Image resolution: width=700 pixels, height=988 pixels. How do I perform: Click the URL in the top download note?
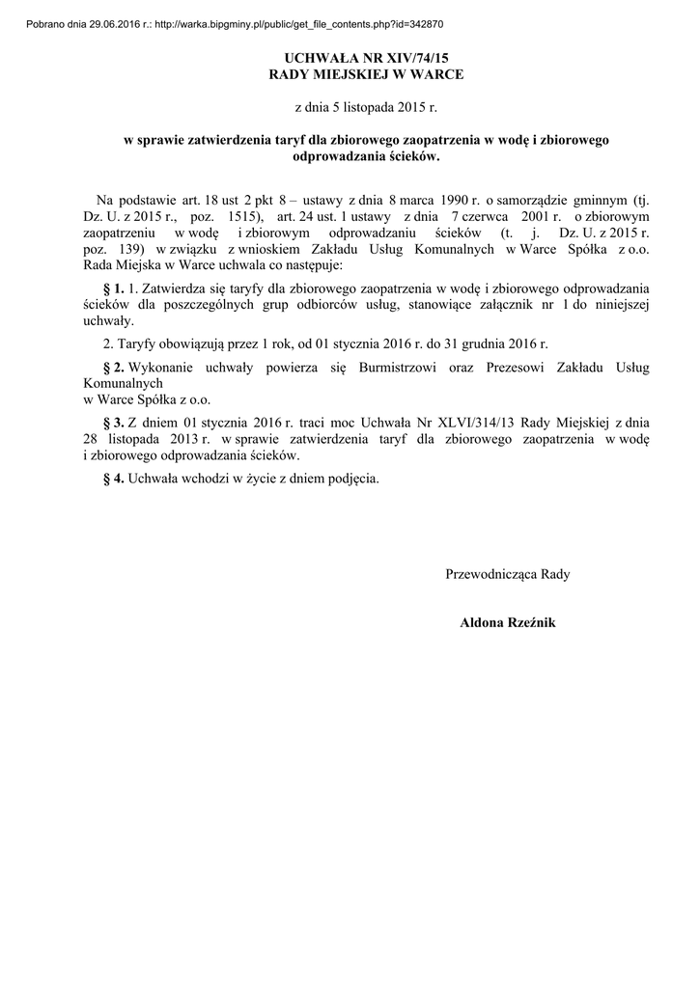pos(300,23)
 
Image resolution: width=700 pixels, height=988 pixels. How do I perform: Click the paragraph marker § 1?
pos(113,288)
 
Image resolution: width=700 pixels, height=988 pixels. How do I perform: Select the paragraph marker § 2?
pos(113,368)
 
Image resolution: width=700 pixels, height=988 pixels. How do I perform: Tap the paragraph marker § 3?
pos(113,423)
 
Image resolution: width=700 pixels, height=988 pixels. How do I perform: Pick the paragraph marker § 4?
pos(113,478)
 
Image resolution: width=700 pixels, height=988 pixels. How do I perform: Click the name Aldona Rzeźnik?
pos(508,623)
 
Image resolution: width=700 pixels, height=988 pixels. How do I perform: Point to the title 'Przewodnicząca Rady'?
pos(508,574)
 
